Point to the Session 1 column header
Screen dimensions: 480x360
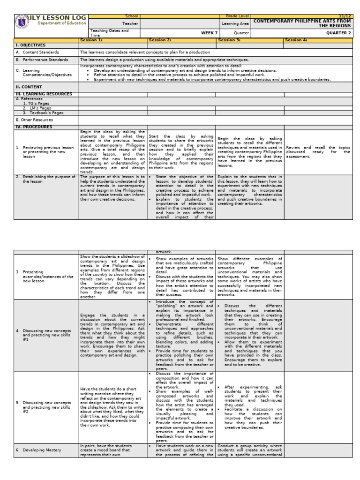pos(91,40)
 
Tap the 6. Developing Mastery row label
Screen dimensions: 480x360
pos(41,450)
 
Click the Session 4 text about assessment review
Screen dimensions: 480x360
pos(318,152)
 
